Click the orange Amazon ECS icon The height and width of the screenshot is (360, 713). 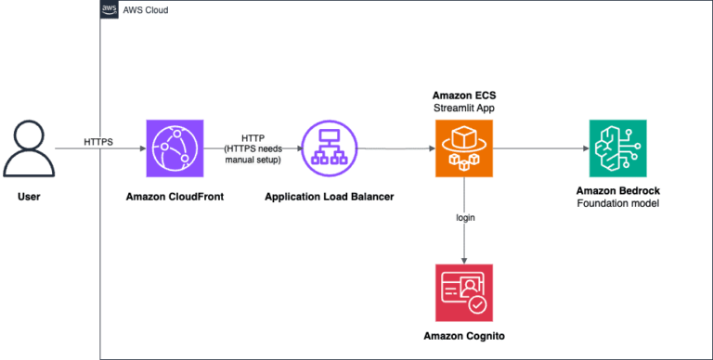[x=463, y=148]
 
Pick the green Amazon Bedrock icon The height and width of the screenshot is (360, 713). [x=616, y=148]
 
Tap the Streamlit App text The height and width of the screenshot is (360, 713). [x=463, y=108]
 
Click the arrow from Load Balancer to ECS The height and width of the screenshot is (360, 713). [x=394, y=148]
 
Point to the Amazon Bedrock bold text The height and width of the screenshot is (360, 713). [x=616, y=189]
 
